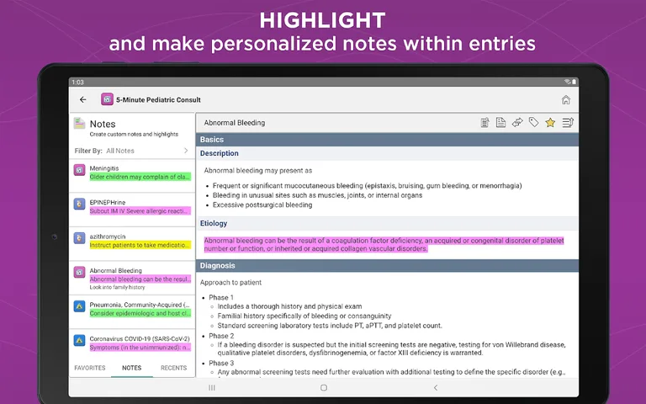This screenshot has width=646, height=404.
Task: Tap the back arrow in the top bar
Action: tap(82, 99)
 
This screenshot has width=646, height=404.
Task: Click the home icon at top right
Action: tap(566, 99)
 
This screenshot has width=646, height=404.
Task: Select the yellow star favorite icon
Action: tap(550, 123)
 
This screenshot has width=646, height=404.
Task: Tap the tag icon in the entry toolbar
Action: tap(533, 123)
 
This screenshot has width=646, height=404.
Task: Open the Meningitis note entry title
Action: tap(105, 168)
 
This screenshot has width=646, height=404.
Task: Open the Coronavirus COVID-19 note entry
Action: tap(139, 339)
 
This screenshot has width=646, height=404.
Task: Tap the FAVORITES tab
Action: tap(90, 368)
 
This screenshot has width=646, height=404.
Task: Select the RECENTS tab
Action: tap(173, 368)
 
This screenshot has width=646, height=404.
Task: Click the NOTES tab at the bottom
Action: tap(131, 368)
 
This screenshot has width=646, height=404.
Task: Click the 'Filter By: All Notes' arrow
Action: tap(186, 151)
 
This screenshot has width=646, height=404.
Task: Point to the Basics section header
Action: tap(212, 139)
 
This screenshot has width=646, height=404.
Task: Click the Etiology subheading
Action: tap(214, 223)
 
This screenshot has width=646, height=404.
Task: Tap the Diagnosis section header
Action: tap(218, 266)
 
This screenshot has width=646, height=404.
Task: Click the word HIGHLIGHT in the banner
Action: tap(322, 20)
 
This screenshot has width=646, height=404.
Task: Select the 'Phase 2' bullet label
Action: tap(221, 336)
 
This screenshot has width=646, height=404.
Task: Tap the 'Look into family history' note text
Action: tap(117, 288)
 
